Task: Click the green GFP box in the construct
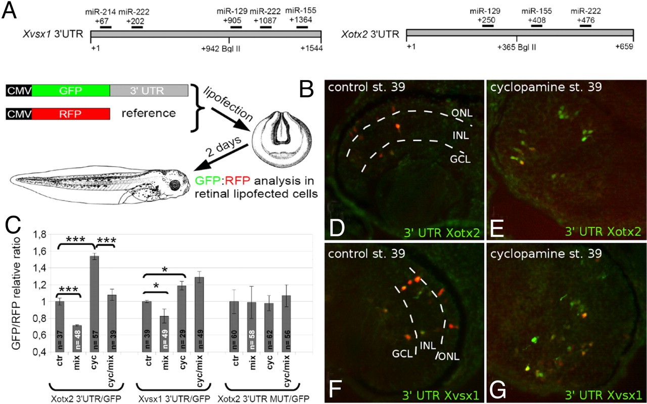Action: tap(71, 91)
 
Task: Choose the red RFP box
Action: tap(71, 113)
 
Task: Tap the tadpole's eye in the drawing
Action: tap(175, 185)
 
